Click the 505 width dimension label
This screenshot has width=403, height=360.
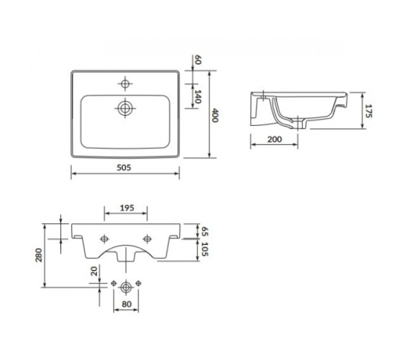(124, 168)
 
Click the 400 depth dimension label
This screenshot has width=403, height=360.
(215, 115)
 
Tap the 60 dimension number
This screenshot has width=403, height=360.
(198, 59)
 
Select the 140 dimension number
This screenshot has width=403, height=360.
(197, 96)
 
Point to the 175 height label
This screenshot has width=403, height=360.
(368, 111)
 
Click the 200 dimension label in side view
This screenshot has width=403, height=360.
(274, 140)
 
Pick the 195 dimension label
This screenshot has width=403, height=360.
(127, 208)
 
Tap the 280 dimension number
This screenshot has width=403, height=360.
(39, 255)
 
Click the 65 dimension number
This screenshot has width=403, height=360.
(204, 231)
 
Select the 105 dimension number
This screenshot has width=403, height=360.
(204, 249)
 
